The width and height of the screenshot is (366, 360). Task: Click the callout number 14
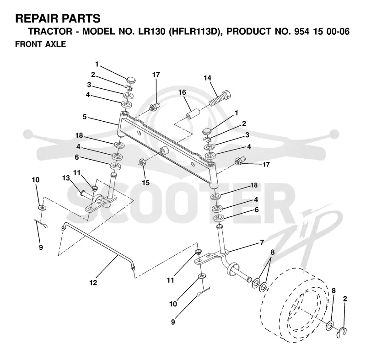click(207, 78)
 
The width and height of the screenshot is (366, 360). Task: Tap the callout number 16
click(182, 92)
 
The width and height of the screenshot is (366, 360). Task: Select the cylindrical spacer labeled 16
click(193, 113)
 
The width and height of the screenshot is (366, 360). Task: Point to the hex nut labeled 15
click(141, 161)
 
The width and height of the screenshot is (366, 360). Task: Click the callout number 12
click(93, 283)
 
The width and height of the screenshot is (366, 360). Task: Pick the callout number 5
click(85, 117)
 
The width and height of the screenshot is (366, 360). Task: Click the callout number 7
click(262, 242)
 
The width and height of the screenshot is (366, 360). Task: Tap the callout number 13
click(66, 178)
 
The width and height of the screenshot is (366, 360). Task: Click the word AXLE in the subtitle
click(55, 44)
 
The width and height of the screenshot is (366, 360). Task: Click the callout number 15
click(145, 183)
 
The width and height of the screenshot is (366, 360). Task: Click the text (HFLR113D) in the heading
click(194, 32)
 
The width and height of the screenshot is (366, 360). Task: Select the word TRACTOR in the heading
click(50, 32)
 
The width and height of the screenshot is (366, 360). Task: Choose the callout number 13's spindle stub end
click(83, 193)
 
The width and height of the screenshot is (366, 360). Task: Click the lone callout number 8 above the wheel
click(334, 291)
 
